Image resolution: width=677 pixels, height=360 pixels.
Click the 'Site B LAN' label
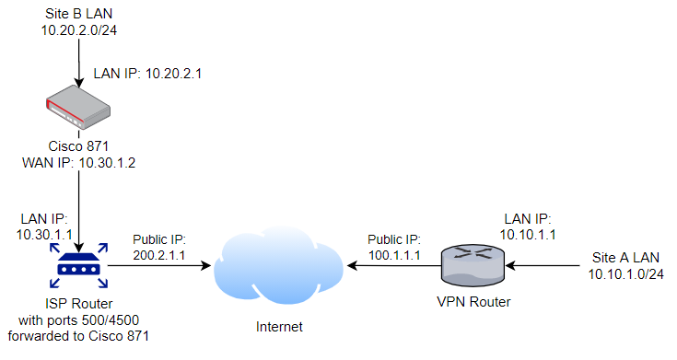(78, 16)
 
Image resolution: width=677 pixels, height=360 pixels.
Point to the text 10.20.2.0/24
(78, 31)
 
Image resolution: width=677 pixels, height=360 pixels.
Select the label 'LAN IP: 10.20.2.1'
(147, 73)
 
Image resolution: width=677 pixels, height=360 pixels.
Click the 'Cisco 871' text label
(77, 147)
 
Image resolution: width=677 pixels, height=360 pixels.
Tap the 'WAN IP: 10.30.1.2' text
(78, 163)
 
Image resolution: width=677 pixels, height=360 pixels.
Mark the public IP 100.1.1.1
(393, 251)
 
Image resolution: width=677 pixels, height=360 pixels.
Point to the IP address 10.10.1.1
(528, 235)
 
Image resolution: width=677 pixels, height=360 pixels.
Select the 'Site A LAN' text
(624, 257)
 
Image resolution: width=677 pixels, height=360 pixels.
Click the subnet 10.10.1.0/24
(624, 273)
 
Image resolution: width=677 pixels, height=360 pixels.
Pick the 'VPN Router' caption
(472, 302)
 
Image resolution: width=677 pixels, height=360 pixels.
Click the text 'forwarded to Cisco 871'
(77, 336)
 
